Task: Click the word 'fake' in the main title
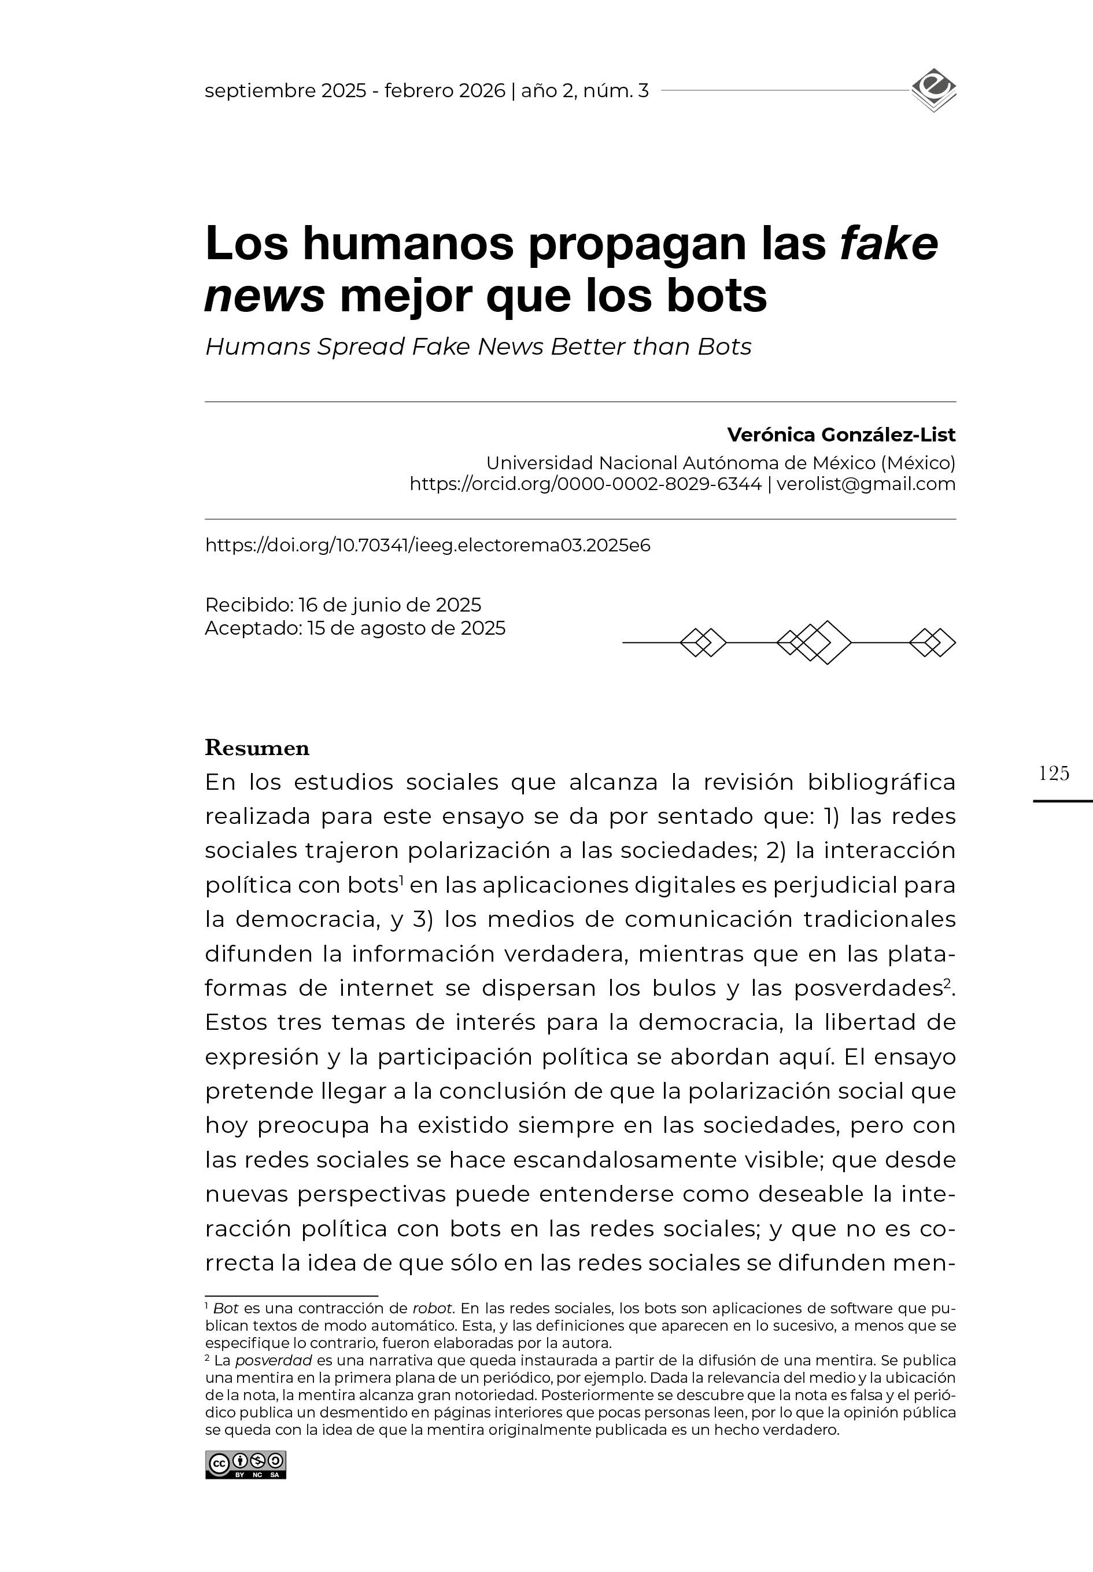(x=888, y=244)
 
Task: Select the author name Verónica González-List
(x=840, y=435)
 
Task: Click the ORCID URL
(x=585, y=484)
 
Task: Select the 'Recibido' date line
(x=343, y=605)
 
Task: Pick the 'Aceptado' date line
(x=355, y=628)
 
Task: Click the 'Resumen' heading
(x=257, y=748)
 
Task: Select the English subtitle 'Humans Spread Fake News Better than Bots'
(x=478, y=347)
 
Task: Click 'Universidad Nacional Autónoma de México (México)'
(x=720, y=463)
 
